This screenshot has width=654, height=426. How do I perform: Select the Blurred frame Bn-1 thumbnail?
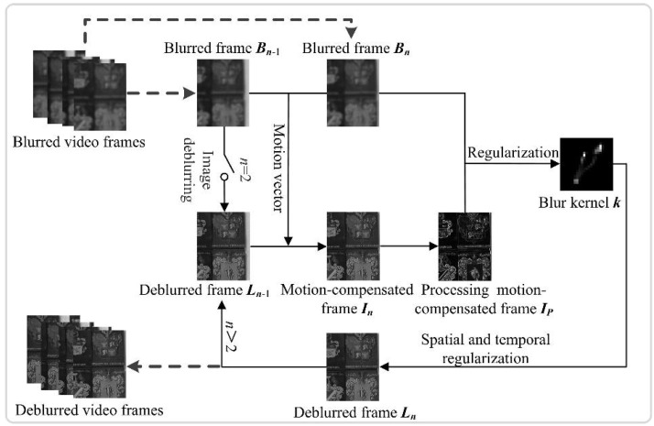223,93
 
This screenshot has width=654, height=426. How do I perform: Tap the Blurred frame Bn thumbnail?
353,93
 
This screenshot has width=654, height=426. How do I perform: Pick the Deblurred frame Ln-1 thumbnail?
223,246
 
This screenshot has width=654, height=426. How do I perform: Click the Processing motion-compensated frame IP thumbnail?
465,246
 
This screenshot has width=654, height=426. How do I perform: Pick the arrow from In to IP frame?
409,246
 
